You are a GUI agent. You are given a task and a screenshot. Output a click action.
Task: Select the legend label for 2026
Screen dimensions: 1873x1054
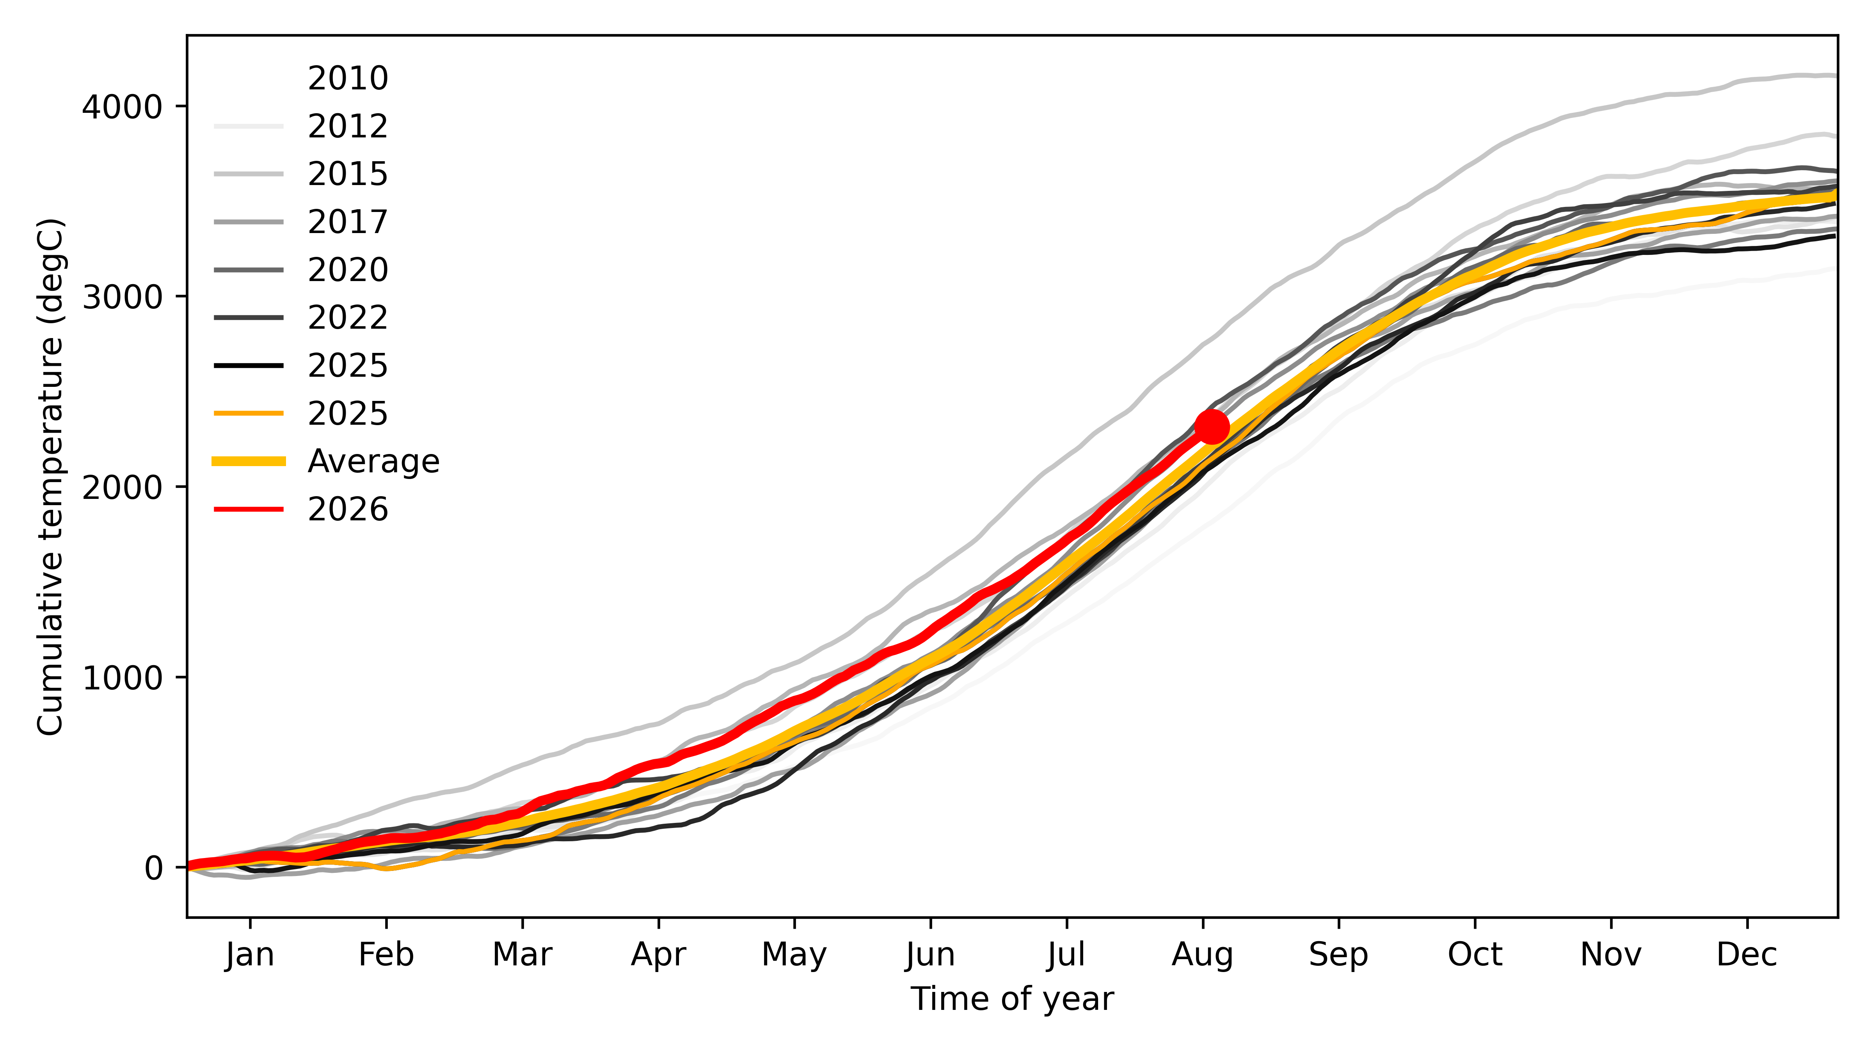(x=348, y=509)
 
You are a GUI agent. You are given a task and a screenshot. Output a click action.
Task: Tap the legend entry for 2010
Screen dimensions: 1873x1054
(x=348, y=78)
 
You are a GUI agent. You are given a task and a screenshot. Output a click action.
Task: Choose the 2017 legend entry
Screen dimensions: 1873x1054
(x=348, y=221)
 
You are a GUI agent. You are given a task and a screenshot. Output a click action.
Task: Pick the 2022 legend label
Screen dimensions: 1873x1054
(x=348, y=317)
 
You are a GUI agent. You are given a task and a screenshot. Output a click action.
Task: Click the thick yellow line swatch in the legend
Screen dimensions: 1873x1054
(x=248, y=461)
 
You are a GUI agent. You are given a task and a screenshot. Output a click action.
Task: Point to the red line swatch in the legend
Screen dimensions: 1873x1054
(x=248, y=509)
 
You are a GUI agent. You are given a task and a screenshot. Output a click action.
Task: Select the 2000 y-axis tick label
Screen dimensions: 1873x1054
(x=121, y=487)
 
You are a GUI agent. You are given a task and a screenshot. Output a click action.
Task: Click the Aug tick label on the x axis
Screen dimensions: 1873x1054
(x=1203, y=954)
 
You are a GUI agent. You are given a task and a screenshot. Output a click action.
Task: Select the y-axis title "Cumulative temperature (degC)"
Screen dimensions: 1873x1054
(x=51, y=476)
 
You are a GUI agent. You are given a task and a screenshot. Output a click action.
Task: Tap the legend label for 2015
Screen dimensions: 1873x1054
(x=348, y=174)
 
